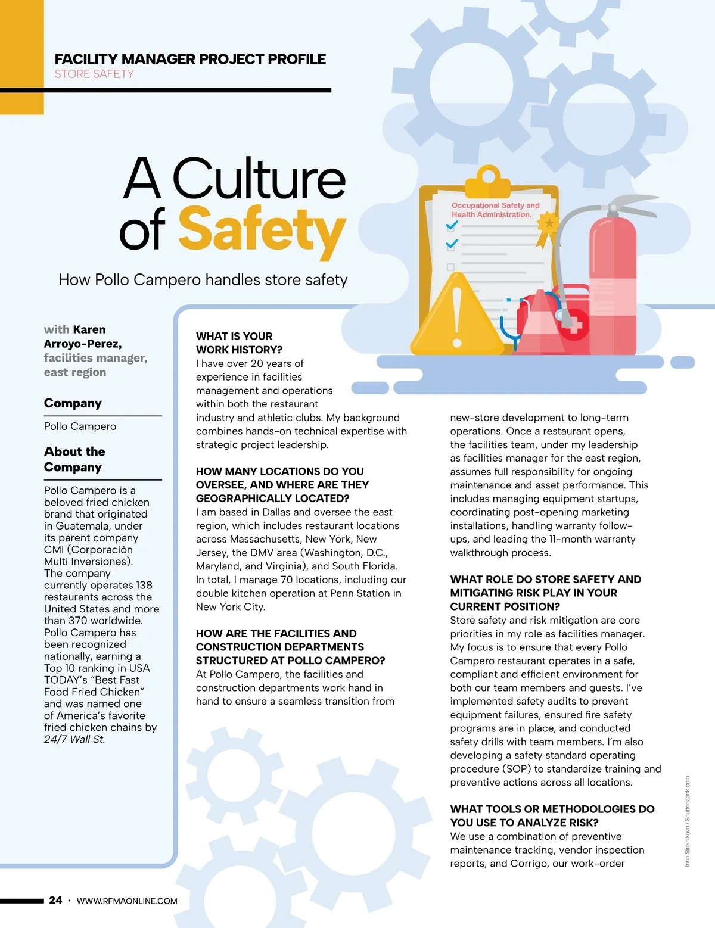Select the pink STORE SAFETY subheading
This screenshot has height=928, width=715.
[94, 74]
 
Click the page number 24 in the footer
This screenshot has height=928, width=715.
[55, 901]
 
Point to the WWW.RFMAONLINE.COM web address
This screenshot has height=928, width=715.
[127, 901]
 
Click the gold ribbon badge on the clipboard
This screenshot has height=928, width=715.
[548, 226]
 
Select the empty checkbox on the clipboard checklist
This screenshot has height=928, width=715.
[451, 267]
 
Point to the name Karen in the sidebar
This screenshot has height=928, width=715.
[89, 329]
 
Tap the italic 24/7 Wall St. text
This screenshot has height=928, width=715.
[74, 739]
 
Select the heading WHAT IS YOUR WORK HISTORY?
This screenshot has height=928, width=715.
[239, 343]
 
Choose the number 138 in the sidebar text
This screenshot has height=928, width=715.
[144, 585]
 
